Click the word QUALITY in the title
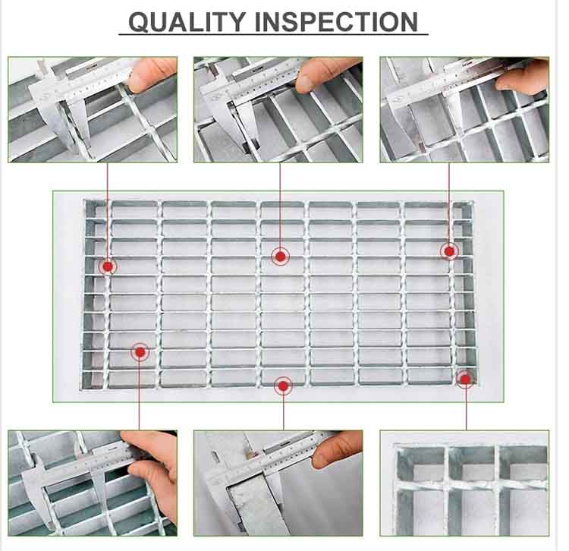(x=187, y=22)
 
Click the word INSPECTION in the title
(x=336, y=22)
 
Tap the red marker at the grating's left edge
(x=108, y=267)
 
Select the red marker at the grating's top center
(x=280, y=257)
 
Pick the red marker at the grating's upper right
(x=449, y=251)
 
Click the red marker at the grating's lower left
(x=140, y=352)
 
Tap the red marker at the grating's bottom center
(x=284, y=386)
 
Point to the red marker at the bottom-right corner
(x=465, y=379)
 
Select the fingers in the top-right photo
(x=523, y=78)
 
